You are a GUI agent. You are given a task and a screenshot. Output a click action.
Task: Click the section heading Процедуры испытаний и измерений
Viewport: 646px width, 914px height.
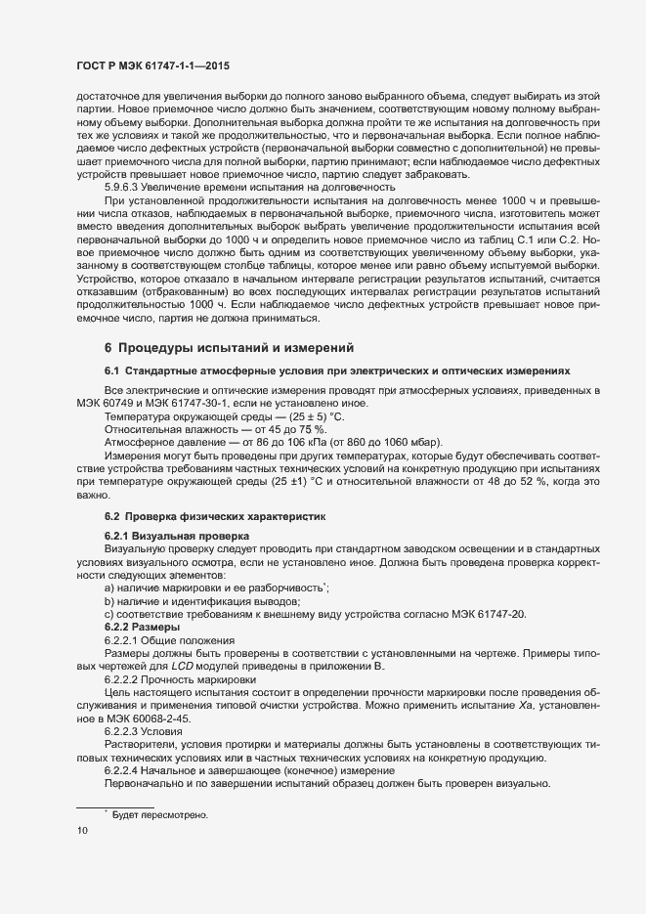[230, 348]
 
